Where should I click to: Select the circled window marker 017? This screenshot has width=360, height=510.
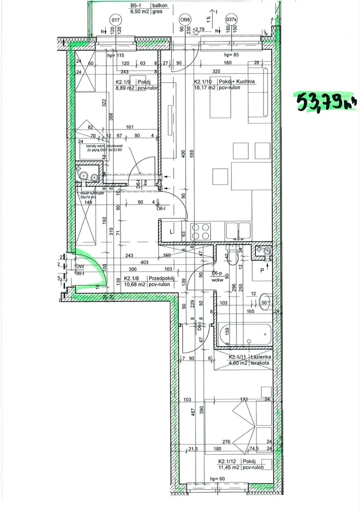[x=116, y=20]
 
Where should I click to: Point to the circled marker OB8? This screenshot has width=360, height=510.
[x=185, y=20]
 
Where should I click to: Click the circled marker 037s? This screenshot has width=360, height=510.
[x=231, y=20]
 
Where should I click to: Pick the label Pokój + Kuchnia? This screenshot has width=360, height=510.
[x=237, y=81]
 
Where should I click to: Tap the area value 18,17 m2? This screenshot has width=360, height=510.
[x=204, y=88]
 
